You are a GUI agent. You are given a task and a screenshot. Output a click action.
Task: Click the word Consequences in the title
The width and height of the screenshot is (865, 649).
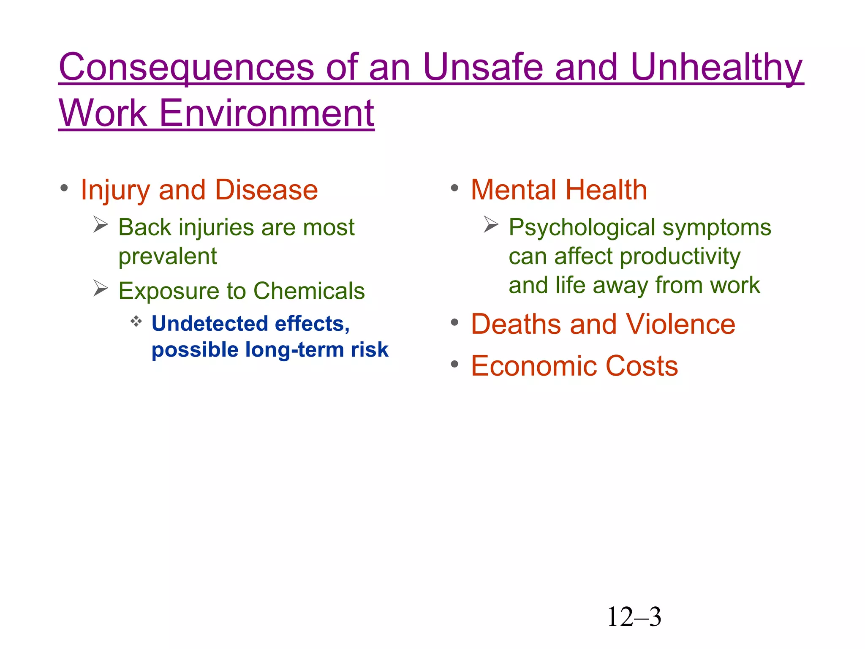pos(186,68)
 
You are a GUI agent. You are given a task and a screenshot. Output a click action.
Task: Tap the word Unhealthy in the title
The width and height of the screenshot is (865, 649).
pos(716,68)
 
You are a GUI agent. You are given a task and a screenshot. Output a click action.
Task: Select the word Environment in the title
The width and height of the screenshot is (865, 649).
pos(267,113)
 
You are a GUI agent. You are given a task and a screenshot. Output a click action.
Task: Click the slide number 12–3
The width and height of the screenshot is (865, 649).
pos(634,617)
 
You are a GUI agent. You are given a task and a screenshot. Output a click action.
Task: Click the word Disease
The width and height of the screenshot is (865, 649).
pos(266,190)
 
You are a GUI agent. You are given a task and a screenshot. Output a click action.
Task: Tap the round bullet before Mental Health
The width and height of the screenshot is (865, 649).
pos(454,188)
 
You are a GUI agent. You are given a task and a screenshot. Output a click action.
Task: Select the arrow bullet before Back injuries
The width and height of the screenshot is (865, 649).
pos(101,224)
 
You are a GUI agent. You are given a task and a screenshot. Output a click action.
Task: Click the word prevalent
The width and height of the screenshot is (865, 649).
pos(167,256)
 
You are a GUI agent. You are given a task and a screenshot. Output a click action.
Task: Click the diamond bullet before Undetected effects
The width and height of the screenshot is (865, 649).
pos(136,322)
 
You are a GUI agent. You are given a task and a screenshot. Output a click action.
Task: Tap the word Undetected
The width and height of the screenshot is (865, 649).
pos(209,324)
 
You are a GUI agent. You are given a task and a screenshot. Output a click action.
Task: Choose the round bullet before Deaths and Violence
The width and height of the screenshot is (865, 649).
pos(454,323)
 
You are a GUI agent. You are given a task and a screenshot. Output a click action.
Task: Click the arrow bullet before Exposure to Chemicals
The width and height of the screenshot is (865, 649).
pos(101,288)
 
